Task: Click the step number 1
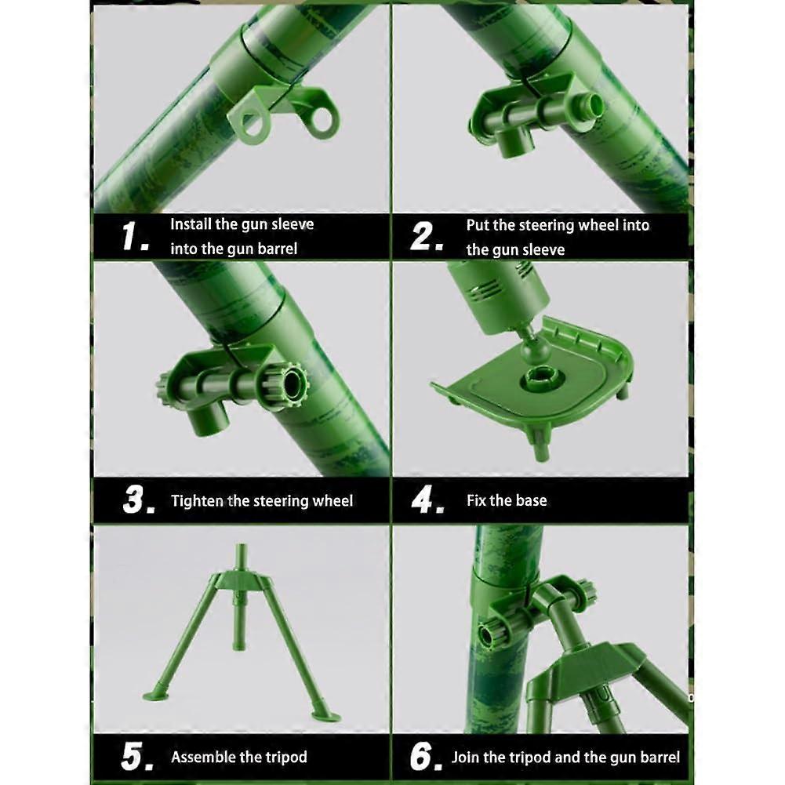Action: [134, 236]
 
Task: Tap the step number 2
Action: [426, 236]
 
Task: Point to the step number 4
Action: [427, 500]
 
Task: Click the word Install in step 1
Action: [191, 224]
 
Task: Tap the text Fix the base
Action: [507, 500]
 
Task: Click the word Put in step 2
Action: [478, 225]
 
